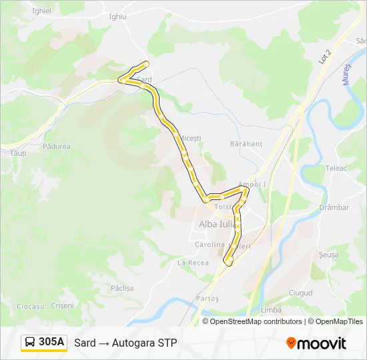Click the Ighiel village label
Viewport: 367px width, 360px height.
(41, 11)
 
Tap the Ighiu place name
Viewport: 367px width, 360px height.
(117, 16)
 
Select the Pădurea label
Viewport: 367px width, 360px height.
(56, 146)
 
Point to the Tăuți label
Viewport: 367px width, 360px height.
(18, 153)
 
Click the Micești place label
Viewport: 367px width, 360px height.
(190, 138)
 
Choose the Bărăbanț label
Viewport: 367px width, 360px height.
(246, 143)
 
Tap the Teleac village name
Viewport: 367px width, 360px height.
(336, 168)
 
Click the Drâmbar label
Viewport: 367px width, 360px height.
(334, 207)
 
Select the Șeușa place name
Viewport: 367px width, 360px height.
(328, 255)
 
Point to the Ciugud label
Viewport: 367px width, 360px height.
(300, 293)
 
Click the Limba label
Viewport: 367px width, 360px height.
(271, 310)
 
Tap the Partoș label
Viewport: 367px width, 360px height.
(208, 298)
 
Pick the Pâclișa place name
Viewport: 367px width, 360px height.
(122, 288)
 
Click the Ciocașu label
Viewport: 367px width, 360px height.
(30, 306)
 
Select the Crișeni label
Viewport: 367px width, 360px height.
(63, 305)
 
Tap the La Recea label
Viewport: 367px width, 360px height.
(193, 263)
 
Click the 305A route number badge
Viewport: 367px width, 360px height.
(44, 342)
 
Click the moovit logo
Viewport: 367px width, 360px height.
(316, 343)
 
